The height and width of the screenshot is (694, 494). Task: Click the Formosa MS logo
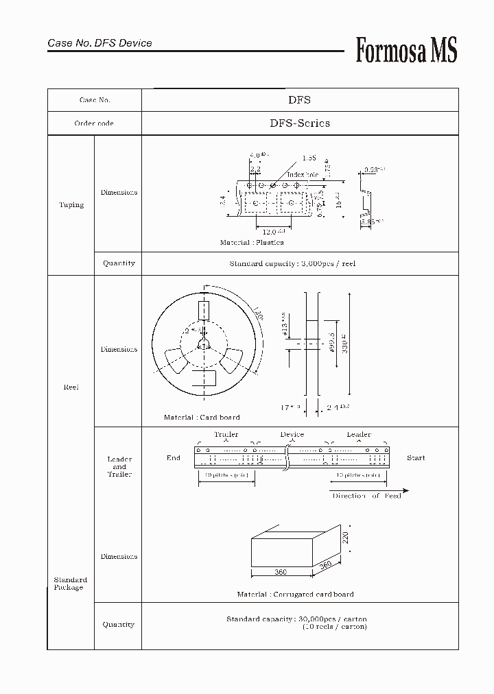click(x=405, y=50)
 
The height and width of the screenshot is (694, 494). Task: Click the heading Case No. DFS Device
click(x=99, y=43)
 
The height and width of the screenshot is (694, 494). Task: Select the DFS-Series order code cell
click(x=299, y=123)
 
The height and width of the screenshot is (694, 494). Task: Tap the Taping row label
click(x=71, y=205)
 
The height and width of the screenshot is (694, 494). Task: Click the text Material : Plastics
click(x=252, y=243)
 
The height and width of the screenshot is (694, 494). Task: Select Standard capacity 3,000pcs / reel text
click(x=292, y=263)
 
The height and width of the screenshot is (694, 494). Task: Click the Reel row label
click(x=71, y=387)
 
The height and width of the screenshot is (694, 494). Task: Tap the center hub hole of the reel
click(x=203, y=344)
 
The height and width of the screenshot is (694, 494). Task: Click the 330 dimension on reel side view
click(x=345, y=344)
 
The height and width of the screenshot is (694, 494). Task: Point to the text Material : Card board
click(x=202, y=417)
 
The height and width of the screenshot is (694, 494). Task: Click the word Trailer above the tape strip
click(x=226, y=435)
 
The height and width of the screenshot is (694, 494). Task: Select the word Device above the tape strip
click(x=292, y=435)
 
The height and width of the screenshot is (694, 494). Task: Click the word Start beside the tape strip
click(x=415, y=457)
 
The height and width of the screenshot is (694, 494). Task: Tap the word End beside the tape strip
click(x=173, y=457)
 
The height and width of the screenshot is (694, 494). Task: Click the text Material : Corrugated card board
click(x=295, y=595)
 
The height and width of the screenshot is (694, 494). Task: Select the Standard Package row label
click(x=70, y=584)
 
